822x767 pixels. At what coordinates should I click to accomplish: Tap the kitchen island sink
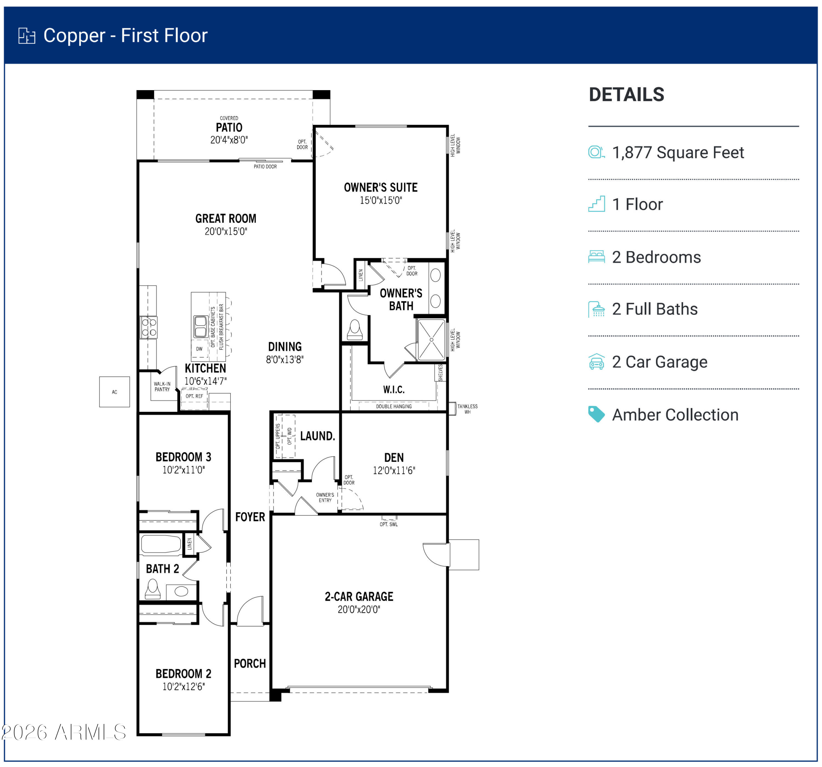pyautogui.click(x=201, y=327)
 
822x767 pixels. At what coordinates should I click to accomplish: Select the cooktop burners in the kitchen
pyautogui.click(x=149, y=327)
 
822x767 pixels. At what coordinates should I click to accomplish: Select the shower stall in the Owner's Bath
pyautogui.click(x=431, y=339)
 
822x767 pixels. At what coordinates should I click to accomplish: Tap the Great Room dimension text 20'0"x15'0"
pyautogui.click(x=226, y=231)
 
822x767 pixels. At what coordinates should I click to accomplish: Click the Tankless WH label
pyautogui.click(x=467, y=409)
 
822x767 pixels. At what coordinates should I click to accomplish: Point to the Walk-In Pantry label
pyautogui.click(x=162, y=387)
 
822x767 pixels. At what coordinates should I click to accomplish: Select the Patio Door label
pyautogui.click(x=265, y=167)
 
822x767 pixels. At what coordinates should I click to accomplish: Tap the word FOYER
pyautogui.click(x=250, y=517)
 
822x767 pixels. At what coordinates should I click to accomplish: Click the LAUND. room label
pyautogui.click(x=317, y=436)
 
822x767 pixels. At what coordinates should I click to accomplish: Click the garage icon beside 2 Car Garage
pyautogui.click(x=596, y=362)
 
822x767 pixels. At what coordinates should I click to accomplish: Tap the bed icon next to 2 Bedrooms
pyautogui.click(x=596, y=257)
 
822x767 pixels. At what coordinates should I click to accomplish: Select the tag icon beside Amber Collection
pyautogui.click(x=596, y=414)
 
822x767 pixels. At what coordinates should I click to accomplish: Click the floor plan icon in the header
pyautogui.click(x=27, y=36)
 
